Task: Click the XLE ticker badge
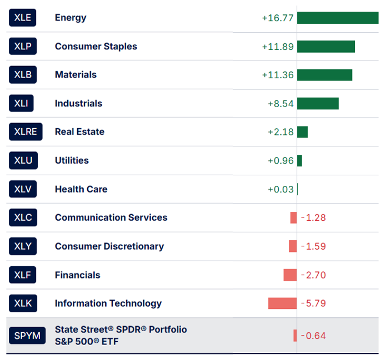(23, 18)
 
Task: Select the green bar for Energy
(338, 18)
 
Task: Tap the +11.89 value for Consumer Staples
(278, 47)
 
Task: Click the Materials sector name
(76, 75)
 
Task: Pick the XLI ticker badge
(23, 103)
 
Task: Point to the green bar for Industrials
(318, 104)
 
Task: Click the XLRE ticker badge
(26, 132)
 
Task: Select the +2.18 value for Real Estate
(280, 132)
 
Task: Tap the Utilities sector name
(72, 160)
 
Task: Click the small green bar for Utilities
(299, 161)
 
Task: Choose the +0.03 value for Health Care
(280, 189)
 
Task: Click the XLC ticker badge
(23, 218)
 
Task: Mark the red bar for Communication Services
(293, 218)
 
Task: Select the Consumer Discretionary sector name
(109, 246)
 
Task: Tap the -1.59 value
(313, 246)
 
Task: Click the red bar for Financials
(290, 275)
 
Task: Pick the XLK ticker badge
(23, 303)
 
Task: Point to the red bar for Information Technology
(282, 303)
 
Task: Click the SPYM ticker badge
(27, 336)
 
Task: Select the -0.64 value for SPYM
(313, 336)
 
